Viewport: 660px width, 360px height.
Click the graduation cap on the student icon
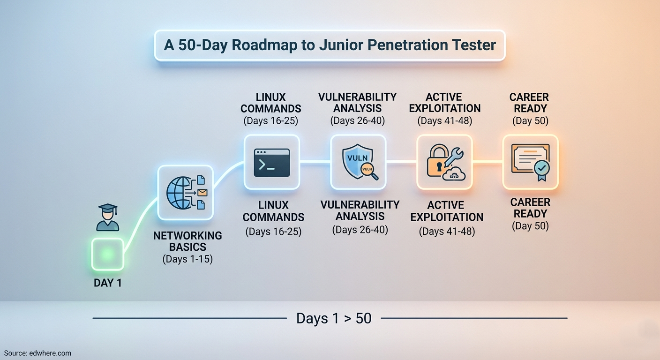click(x=107, y=208)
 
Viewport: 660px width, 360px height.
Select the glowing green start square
click(x=107, y=254)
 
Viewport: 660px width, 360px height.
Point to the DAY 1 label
click(x=107, y=283)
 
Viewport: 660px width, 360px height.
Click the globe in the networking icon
click(x=179, y=192)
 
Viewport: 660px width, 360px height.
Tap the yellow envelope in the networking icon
click(x=202, y=192)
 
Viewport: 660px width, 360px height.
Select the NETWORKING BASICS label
click(x=187, y=241)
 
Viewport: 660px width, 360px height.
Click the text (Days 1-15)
click(x=187, y=259)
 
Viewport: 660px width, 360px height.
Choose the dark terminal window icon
click(x=271, y=163)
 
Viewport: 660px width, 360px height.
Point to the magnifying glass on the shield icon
click(x=370, y=173)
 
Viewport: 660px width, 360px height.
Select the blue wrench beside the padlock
click(x=453, y=157)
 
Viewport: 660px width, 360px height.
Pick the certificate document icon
click(x=527, y=159)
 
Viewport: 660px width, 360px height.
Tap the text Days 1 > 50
click(x=334, y=319)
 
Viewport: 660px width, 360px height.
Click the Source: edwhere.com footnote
click(x=37, y=353)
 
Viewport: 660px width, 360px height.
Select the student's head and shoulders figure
click(x=107, y=220)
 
